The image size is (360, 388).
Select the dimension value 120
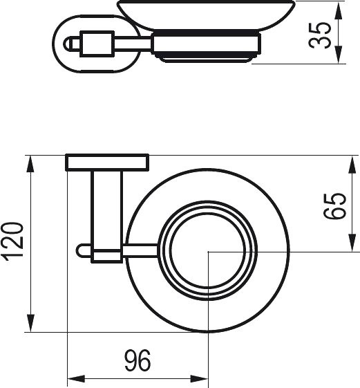(15, 243)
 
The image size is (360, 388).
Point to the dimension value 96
(137, 360)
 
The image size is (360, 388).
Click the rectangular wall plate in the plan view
(107, 163)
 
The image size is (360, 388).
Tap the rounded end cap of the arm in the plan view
(82, 251)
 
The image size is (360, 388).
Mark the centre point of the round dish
(209, 252)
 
